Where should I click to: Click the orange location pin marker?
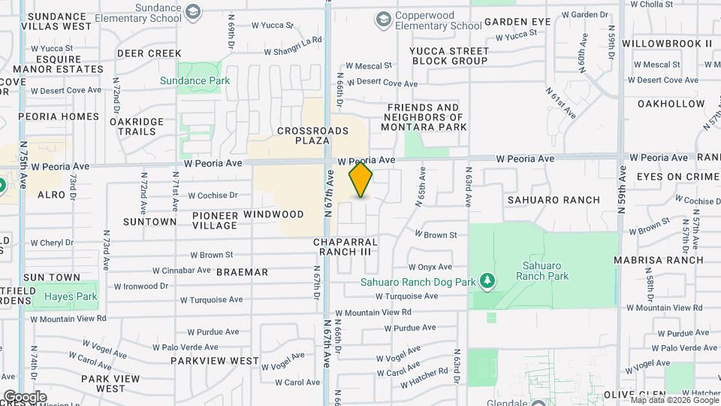[361, 180]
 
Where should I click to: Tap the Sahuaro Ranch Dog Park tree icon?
[487, 280]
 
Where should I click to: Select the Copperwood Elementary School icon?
[385, 18]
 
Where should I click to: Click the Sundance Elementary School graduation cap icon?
[194, 11]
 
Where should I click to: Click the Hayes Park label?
[71, 296]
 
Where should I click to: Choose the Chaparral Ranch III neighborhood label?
[345, 247]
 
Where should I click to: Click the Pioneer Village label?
[215, 220]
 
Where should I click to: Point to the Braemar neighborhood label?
[242, 271]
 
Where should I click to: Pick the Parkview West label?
[214, 360]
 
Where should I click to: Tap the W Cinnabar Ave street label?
[181, 270]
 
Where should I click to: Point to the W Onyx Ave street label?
[430, 266]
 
